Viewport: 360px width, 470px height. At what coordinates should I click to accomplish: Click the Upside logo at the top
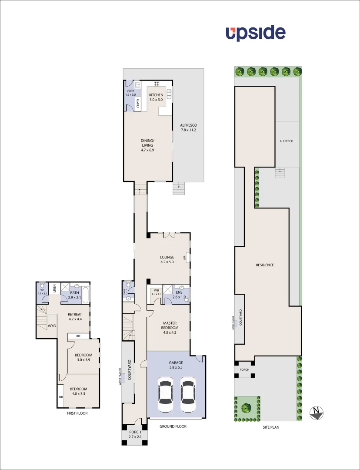click(256, 34)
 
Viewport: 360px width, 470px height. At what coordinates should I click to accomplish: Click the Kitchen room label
click(156, 95)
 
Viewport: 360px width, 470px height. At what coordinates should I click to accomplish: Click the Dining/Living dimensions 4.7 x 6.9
click(148, 150)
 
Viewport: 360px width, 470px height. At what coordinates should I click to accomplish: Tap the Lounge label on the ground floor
click(167, 257)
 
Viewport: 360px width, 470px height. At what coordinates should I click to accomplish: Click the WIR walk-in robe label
click(156, 290)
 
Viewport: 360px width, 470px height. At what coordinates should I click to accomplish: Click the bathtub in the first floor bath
click(85, 295)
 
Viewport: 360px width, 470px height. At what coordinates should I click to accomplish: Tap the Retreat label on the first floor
click(75, 314)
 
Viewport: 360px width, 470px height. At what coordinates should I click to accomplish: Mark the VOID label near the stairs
click(52, 326)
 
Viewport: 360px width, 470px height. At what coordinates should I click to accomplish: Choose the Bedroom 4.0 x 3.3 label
click(79, 389)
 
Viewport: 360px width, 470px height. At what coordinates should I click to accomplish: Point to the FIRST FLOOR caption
click(77, 413)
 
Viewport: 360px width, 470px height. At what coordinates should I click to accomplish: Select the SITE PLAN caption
click(271, 427)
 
